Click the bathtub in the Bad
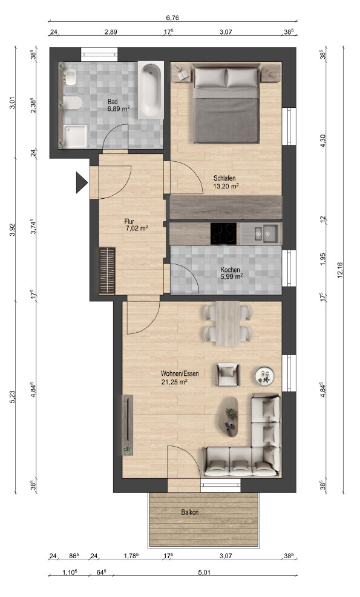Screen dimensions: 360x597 tap(151, 90)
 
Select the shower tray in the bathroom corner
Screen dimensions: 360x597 tap(75, 136)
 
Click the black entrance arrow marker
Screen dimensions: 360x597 tap(82, 183)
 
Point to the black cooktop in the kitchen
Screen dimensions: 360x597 tap(223, 233)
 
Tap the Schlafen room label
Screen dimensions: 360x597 tap(224, 178)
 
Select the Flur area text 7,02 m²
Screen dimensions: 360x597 tap(137, 228)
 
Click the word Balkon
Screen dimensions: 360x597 tap(190, 513)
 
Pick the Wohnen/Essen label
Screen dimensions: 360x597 tap(180, 374)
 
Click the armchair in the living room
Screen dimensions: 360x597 tap(228, 375)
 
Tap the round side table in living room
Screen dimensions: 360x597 tap(264, 376)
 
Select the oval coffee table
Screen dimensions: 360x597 tap(229, 416)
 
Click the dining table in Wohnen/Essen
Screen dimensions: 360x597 tap(227, 324)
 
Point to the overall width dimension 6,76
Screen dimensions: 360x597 tap(172, 18)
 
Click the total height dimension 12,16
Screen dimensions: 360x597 tap(340, 270)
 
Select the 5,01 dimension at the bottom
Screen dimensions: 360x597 tap(204, 572)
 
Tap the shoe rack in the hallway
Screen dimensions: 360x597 tap(107, 270)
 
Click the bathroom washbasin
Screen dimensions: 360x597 tap(71, 78)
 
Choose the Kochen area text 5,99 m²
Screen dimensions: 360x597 tap(232, 277)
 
